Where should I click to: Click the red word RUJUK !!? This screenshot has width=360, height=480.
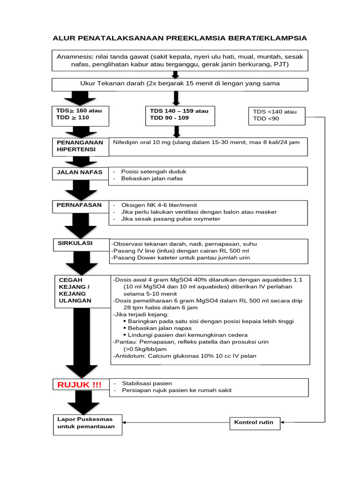tap(79, 385)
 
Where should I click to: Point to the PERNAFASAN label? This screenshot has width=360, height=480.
tap(76, 205)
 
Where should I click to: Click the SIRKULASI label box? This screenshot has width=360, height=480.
tap(75, 244)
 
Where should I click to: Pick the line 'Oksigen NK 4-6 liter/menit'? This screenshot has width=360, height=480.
tap(159, 205)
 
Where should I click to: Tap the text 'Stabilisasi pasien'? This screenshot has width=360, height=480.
tap(147, 383)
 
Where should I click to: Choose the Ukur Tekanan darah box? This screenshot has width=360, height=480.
tap(180, 84)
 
